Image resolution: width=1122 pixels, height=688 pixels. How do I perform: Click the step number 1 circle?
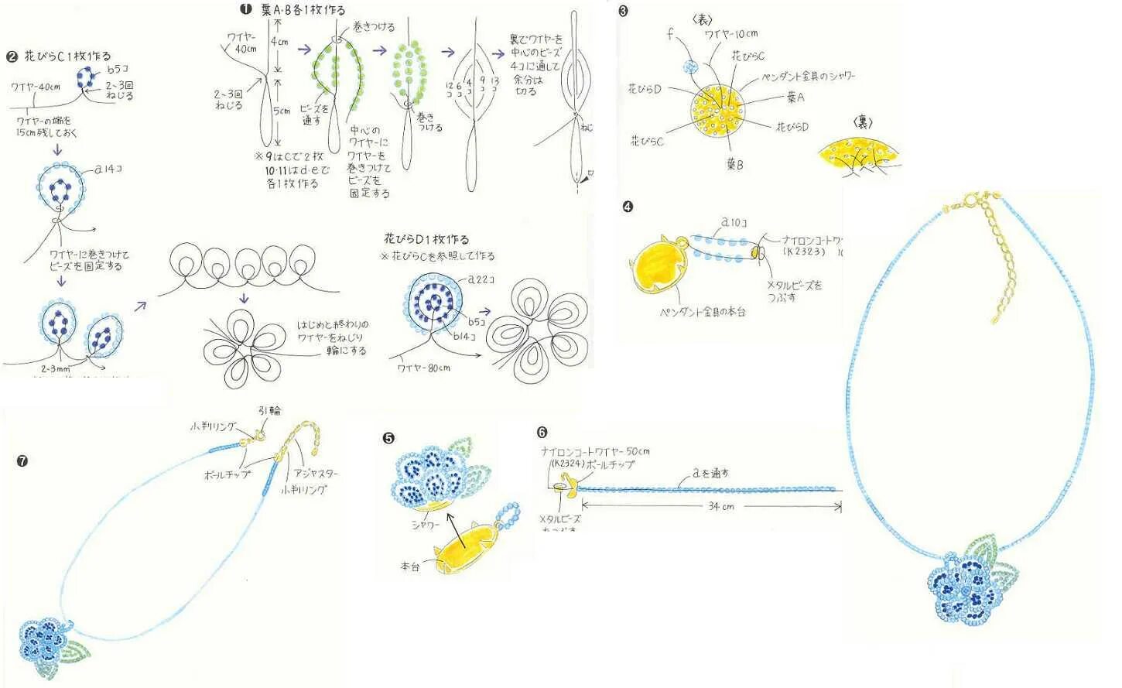245,9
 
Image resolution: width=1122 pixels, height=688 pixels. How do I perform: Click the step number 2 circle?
12,56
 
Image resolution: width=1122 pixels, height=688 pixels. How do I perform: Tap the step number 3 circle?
623,11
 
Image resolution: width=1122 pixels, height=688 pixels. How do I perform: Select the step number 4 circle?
628,207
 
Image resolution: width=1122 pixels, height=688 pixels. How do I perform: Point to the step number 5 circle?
388,438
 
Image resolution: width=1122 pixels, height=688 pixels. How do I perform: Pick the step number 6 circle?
542,432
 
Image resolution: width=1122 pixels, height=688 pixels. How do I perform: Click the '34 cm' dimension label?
720,506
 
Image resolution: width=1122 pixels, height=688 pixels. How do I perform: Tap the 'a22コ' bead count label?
481,279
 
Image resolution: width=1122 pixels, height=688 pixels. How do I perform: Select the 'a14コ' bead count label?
109,168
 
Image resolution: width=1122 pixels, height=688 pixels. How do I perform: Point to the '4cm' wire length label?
279,42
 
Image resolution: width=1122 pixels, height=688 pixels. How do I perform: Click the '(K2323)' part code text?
804,252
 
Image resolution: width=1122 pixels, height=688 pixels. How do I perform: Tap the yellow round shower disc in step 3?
719,111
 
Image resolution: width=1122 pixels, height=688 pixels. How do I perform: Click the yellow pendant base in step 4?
660,265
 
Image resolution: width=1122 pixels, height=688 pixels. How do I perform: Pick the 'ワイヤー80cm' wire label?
423,368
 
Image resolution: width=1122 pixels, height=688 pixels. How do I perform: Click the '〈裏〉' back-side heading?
862,122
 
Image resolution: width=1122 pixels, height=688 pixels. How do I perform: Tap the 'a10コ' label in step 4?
734,223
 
